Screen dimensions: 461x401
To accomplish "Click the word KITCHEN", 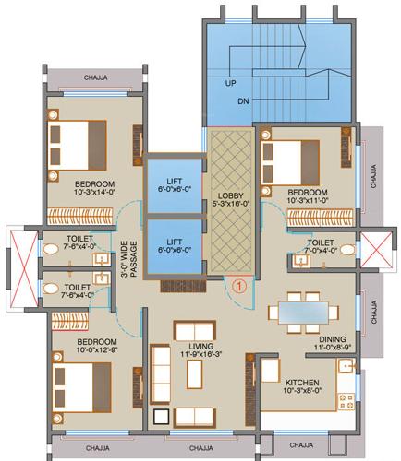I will click(303, 382).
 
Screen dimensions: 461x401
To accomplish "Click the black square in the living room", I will click(161, 417).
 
